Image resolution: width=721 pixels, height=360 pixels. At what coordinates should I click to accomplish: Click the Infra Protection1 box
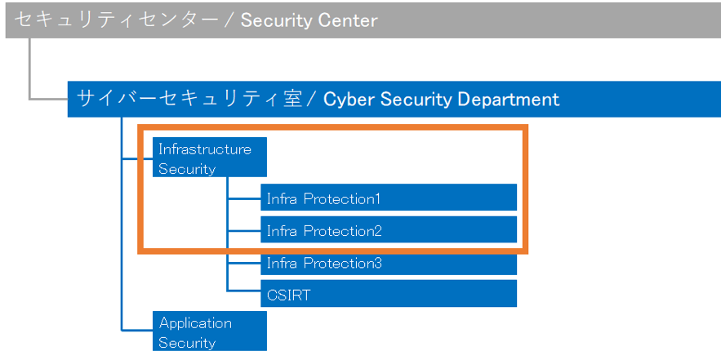(x=389, y=198)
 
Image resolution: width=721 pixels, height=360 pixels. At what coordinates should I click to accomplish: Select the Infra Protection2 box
(x=389, y=229)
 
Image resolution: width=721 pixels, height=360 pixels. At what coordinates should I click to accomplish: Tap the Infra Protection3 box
(x=389, y=264)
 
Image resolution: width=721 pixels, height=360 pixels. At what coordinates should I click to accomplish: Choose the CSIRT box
(x=389, y=293)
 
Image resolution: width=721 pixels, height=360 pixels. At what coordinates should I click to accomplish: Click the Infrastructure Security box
(x=210, y=157)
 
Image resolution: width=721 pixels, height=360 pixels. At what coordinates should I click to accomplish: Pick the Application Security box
(x=210, y=331)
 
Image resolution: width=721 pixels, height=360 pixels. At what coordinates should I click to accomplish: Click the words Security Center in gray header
(x=309, y=20)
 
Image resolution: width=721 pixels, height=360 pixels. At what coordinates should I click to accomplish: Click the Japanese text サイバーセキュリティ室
(x=189, y=99)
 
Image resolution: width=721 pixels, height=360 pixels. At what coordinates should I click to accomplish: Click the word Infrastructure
(x=205, y=149)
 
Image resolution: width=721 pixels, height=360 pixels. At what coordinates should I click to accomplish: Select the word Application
(x=195, y=322)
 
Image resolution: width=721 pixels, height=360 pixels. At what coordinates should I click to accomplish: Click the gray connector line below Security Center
(x=29, y=68)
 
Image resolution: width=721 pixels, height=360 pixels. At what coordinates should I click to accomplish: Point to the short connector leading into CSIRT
(x=243, y=291)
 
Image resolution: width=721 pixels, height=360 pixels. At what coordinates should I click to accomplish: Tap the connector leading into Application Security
(x=137, y=330)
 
